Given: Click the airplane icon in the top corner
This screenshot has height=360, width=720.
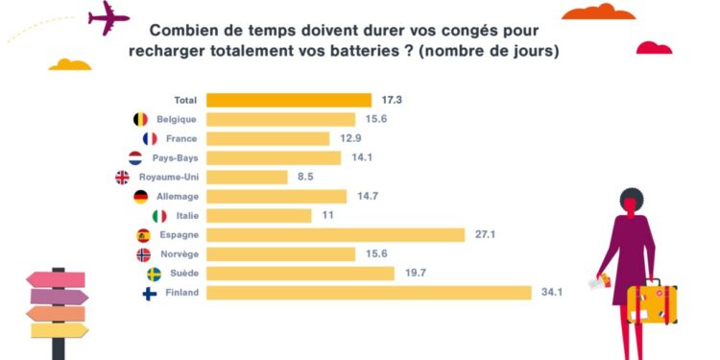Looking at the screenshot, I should tap(108, 17).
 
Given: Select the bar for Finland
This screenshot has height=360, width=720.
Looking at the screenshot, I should tap(369, 293).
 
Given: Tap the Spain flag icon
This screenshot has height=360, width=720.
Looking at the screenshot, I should tap(144, 235).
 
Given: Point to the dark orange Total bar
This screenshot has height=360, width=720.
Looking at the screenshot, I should tap(289, 100).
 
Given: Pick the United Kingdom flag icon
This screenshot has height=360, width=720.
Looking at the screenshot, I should tap(122, 178).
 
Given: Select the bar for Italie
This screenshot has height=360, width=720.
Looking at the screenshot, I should tap(259, 216).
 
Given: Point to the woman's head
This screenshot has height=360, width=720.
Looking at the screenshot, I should tap(632, 202).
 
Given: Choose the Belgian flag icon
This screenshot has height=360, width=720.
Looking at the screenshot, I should tap(140, 119).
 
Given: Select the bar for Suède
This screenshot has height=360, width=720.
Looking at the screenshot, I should tap(300, 274).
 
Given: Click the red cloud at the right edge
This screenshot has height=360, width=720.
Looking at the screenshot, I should tap(654, 48).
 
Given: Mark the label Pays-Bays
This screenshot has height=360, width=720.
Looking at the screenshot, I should tap(174, 158).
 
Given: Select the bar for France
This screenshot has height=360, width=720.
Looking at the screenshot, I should tap(268, 138).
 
